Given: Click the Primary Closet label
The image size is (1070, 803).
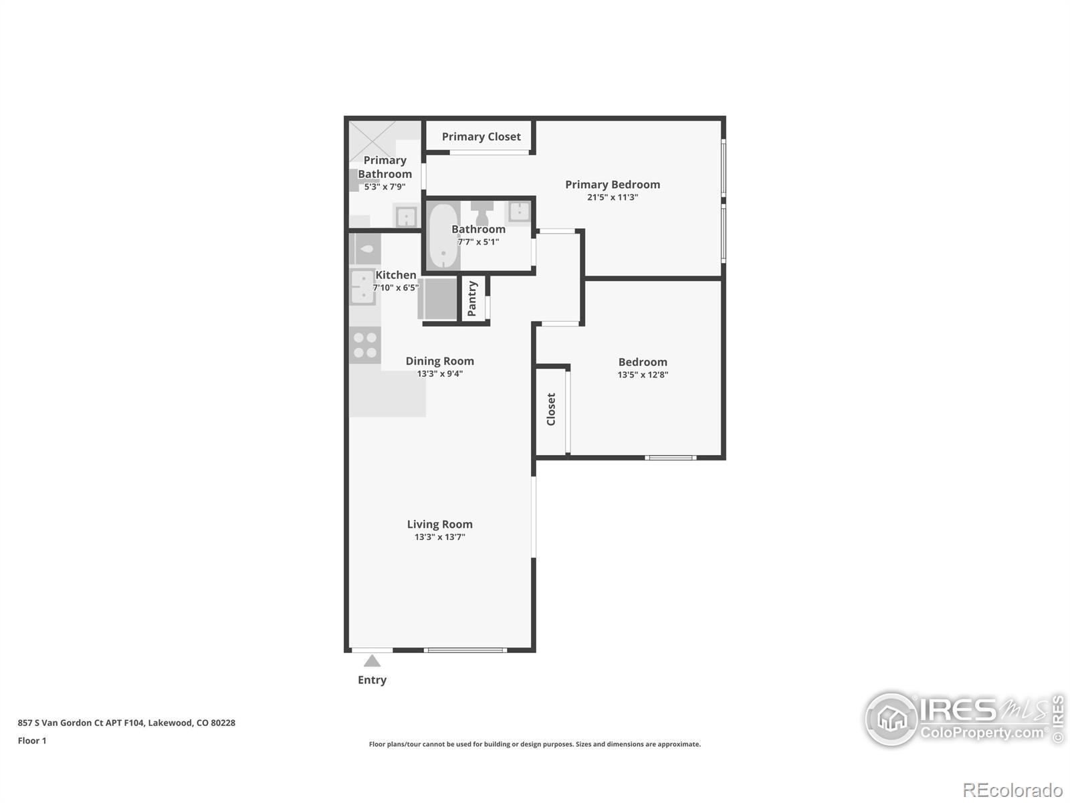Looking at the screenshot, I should [x=481, y=137].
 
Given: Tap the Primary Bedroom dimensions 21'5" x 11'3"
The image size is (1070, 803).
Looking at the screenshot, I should [x=612, y=197].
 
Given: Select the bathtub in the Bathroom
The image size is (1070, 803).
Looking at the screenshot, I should [x=442, y=236].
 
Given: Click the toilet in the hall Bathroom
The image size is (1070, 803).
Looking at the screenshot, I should [x=481, y=212].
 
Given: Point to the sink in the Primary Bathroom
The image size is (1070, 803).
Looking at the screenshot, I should [x=406, y=217].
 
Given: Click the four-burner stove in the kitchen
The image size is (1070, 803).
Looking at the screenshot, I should [x=365, y=345].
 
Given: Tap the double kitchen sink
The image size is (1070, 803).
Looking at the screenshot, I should [x=362, y=287].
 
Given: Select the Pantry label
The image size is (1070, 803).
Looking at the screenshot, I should [x=472, y=298].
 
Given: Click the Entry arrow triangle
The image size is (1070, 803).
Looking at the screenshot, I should [x=372, y=661].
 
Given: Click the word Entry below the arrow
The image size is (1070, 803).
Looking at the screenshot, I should [x=372, y=680].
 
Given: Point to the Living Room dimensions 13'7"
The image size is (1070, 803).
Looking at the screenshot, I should [x=439, y=537].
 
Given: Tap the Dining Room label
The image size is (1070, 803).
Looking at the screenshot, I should [x=439, y=361].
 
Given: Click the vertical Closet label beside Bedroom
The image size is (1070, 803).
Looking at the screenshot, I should [x=551, y=409].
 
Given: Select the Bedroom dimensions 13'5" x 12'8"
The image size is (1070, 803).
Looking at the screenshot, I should [x=642, y=375].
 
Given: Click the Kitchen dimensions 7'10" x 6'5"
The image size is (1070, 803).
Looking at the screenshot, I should [x=396, y=288].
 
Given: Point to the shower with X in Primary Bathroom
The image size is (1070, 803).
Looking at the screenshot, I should [x=372, y=141].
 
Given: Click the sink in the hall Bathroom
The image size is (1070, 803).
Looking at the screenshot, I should [x=520, y=211].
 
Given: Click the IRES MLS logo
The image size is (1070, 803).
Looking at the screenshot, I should [x=963, y=719].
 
